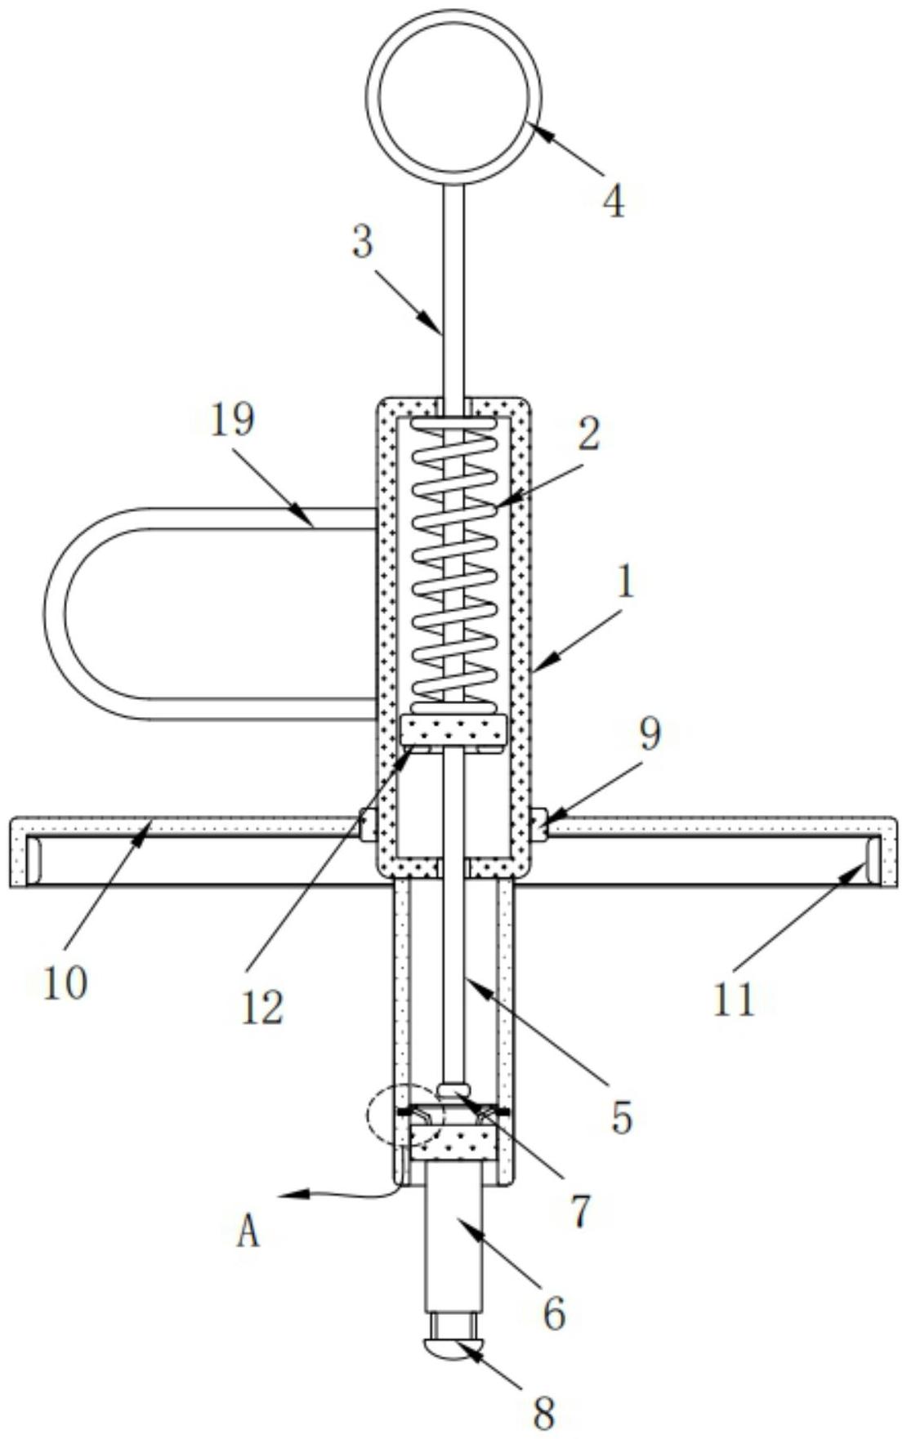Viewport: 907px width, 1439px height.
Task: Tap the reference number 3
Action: point(363,243)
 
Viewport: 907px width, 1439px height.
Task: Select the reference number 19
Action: point(233,421)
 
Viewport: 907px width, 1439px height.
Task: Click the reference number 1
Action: point(625,585)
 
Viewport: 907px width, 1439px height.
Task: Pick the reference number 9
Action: point(649,735)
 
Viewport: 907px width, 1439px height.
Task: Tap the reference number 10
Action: point(65,983)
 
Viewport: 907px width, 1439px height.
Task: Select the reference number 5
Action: point(622,1116)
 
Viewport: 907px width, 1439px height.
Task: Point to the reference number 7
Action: point(579,1210)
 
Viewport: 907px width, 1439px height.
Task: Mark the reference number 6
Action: point(554,1312)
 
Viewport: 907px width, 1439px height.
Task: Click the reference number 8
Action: point(543,1410)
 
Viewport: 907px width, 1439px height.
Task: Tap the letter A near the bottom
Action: point(248,1230)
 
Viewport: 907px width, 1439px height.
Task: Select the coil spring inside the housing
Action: point(453,564)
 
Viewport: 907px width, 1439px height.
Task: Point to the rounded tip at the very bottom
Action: point(453,1348)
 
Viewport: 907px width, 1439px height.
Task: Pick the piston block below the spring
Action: point(453,731)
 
